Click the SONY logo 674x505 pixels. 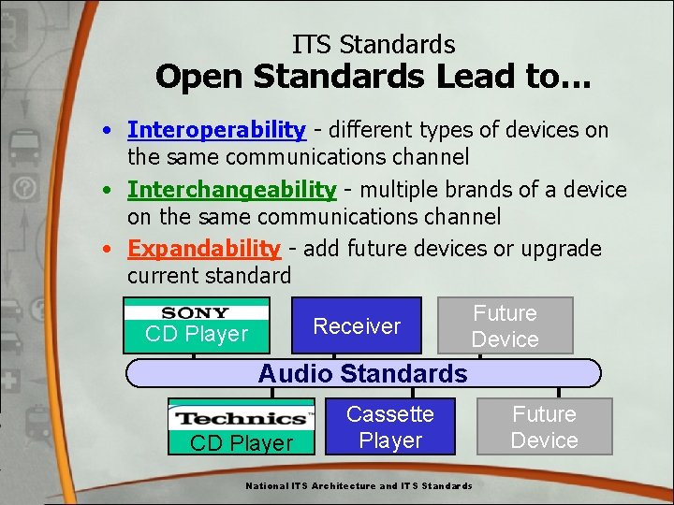196,312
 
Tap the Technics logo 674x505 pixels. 242,418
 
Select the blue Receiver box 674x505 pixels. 357,325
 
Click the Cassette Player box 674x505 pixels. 390,427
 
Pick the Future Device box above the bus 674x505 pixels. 505,326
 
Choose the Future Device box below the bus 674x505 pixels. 544,427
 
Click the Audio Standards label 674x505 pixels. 362,373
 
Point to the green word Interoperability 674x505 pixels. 216,130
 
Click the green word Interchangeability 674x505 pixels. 231,190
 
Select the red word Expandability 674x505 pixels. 203,249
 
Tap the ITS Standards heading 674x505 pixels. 374,44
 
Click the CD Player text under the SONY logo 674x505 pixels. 197,334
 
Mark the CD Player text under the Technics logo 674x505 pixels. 242,442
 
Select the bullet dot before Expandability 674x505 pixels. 110,250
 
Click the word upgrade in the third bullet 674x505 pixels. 562,249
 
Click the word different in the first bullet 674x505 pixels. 366,130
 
